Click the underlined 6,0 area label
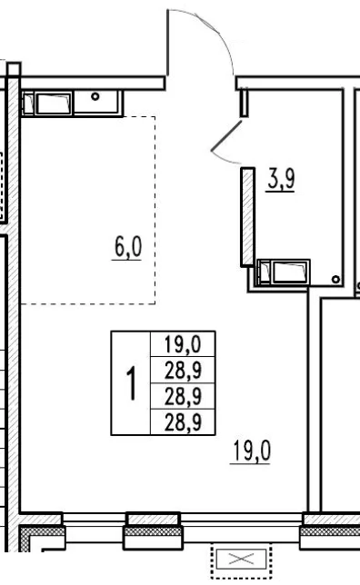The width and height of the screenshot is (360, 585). click(127, 248)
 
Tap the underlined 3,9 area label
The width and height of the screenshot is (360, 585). click(281, 180)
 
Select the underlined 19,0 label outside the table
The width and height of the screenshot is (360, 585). click(251, 451)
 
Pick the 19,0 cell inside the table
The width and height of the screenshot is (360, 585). click(183, 344)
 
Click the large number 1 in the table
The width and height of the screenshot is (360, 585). click(131, 382)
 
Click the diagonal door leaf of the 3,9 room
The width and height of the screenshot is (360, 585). click(226, 136)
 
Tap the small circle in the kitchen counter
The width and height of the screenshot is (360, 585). click(95, 96)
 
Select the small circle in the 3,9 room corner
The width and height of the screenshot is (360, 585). click(335, 279)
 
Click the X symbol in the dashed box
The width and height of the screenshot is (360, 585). click(241, 559)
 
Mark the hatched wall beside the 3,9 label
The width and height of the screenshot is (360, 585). click(247, 217)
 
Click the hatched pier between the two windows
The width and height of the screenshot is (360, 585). click(153, 519)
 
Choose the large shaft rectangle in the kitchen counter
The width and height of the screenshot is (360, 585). click(53, 104)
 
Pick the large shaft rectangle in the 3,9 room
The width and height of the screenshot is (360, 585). click(290, 272)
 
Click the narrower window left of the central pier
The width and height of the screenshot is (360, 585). click(94, 521)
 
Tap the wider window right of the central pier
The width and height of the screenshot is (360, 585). click(241, 521)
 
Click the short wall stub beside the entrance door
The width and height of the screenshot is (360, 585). click(244, 103)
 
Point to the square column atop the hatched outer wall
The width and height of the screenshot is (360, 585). click(14, 69)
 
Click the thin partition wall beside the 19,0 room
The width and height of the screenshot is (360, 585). click(315, 399)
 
